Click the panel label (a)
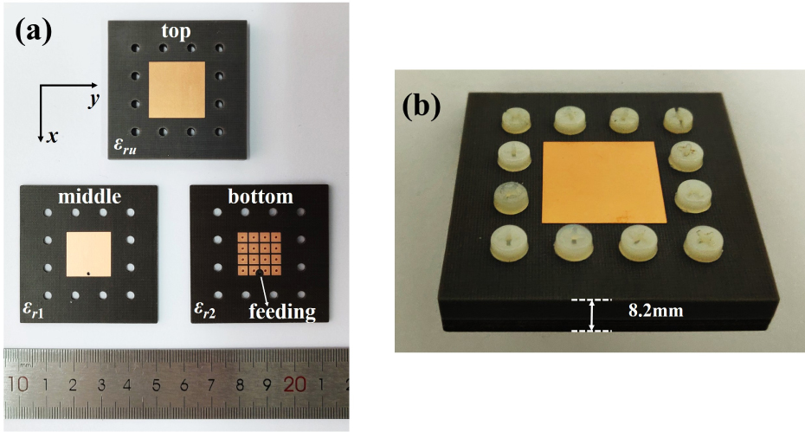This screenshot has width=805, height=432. [34, 31]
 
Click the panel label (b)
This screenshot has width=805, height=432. [421, 107]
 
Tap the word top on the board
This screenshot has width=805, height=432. [176, 31]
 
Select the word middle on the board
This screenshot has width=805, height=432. [89, 197]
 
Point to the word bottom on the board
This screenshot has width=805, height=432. [261, 197]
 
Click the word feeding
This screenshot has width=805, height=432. [282, 312]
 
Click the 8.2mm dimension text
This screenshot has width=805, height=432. [655, 311]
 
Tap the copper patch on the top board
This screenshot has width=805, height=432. [177, 90]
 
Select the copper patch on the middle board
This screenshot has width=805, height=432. [89, 254]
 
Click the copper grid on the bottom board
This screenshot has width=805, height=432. [260, 254]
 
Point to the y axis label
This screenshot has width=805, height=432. [93, 100]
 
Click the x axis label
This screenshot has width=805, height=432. [52, 137]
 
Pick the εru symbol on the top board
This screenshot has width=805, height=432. [125, 147]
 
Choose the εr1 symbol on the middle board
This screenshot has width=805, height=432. [34, 310]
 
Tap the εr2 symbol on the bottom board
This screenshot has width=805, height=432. [205, 310]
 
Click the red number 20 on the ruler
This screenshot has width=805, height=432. [294, 384]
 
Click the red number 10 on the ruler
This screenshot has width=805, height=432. [18, 384]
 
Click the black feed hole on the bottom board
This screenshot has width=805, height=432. [260, 273]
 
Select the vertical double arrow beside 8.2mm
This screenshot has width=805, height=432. [592, 315]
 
